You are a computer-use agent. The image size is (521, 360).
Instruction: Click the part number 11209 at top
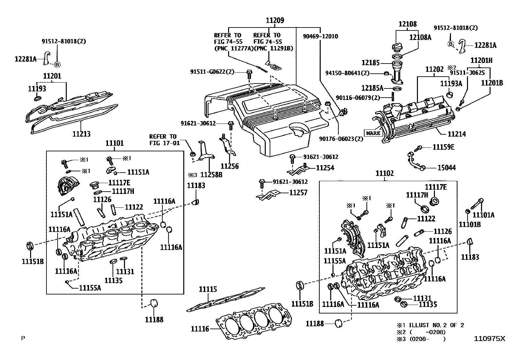pyautogui.click(x=275, y=21)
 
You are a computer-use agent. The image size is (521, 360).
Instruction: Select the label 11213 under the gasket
pyautogui.click(x=81, y=134)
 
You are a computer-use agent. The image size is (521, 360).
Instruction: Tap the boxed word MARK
pyautogui.click(x=373, y=133)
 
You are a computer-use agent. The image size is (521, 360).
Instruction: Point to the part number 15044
pyautogui.click(x=446, y=168)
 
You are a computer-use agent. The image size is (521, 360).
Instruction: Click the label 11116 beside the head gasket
pyautogui.click(x=200, y=329)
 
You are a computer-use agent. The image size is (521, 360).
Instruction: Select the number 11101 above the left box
pyautogui.click(x=115, y=143)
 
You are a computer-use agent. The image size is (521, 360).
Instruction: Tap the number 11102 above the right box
pyautogui.click(x=385, y=174)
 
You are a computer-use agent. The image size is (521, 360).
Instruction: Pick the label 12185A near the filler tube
pyautogui.click(x=372, y=88)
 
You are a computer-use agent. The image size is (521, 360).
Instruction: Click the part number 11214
pyautogui.click(x=457, y=134)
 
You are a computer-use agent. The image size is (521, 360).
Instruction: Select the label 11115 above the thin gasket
pyautogui.click(x=208, y=289)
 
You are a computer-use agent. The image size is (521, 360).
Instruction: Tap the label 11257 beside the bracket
pyautogui.click(x=298, y=193)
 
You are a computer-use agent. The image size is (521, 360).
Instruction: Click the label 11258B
pyautogui.click(x=211, y=175)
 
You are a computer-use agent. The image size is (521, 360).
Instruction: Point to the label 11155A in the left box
pyautogui.click(x=90, y=288)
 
